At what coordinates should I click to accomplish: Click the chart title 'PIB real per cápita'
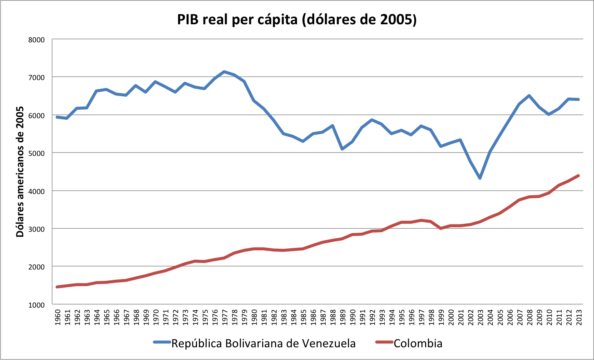coord(297,19)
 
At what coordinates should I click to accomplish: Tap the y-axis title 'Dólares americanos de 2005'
coord(20,172)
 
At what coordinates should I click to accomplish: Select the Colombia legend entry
coord(418,343)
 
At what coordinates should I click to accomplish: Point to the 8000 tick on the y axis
coord(37,40)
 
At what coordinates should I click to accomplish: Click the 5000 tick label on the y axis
coord(37,153)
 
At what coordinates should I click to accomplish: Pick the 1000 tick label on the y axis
coord(37,305)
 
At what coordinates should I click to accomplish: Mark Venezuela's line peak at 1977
coord(224,72)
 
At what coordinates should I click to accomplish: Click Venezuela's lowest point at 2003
coord(480,178)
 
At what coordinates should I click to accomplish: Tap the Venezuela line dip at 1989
coord(342,149)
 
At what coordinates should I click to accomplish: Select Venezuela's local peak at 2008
coord(529,95)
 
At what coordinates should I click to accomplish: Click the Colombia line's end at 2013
coord(578,176)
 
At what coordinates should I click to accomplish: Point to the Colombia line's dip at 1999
coord(441,228)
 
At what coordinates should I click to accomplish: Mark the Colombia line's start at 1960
coord(57,287)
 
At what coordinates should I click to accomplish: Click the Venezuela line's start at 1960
coord(57,117)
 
